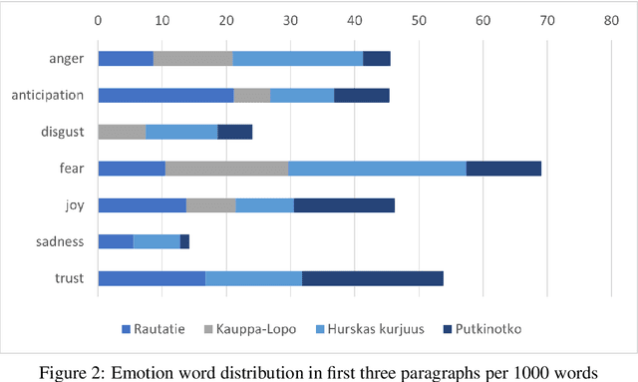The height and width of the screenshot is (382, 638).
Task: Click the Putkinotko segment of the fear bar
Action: click(503, 168)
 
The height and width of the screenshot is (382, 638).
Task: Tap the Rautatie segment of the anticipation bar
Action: click(165, 95)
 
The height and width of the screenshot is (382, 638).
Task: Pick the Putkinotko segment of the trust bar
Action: click(372, 277)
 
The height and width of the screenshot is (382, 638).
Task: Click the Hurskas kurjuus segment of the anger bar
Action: click(297, 59)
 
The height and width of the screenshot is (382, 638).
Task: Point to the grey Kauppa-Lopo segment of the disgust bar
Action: click(122, 132)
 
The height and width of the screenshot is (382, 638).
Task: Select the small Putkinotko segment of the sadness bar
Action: click(184, 240)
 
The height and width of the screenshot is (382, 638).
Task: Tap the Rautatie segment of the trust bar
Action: click(152, 277)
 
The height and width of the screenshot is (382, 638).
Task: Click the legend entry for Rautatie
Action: click(159, 328)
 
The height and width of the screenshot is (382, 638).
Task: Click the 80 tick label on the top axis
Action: click(611, 19)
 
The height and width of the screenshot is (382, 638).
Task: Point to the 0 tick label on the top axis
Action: click(98, 19)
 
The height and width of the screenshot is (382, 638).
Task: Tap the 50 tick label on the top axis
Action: click(419, 19)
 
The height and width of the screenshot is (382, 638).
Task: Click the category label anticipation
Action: click(47, 96)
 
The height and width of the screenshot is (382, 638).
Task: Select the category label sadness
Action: click(61, 241)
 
